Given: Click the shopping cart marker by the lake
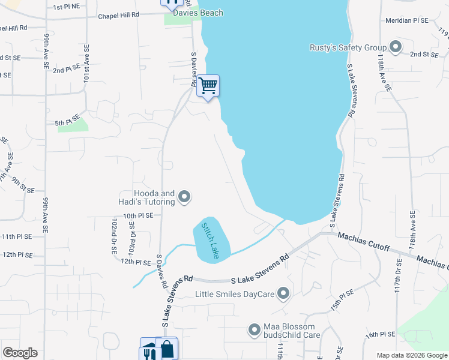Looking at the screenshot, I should click(208, 86).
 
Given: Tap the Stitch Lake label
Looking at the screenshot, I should click(212, 241).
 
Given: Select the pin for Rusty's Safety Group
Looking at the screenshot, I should click(396, 47).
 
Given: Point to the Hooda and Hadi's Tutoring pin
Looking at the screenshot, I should click(184, 197).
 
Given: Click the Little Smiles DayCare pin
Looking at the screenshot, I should click(284, 294).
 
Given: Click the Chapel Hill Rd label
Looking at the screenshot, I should click(119, 14).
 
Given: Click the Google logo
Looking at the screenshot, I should click(20, 353).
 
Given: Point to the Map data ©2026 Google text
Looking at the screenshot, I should click(411, 355).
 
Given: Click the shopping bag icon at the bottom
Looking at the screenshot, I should click(166, 349).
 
